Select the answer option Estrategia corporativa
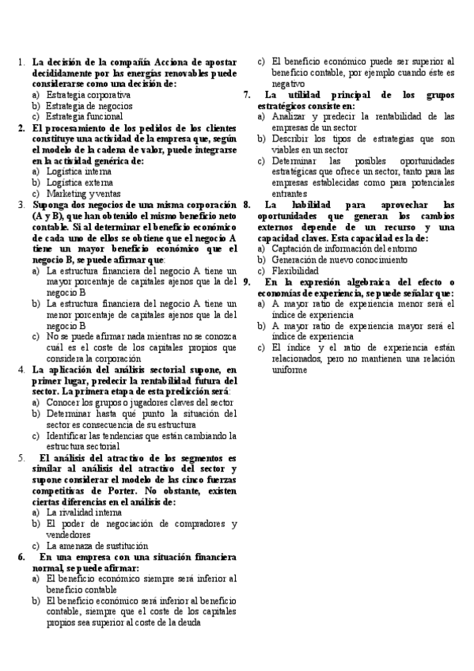pyautogui.click(x=88, y=94)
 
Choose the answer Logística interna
pyautogui.click(x=78, y=171)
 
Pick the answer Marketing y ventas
pyautogui.click(x=82, y=193)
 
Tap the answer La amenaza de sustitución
pyautogui.click(x=97, y=545)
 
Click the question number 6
pyautogui.click(x=21, y=556)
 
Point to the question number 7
pyautogui.click(x=247, y=95)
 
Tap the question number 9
pyautogui.click(x=247, y=282)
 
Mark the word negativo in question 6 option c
pyautogui.click(x=288, y=84)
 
